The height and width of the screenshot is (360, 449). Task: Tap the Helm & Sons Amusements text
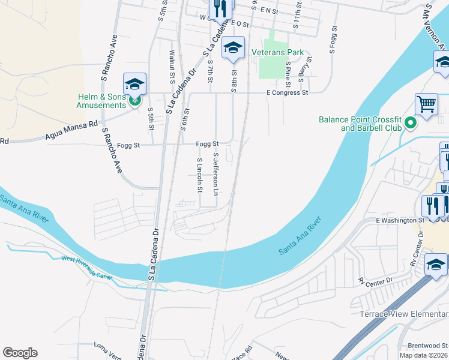101,101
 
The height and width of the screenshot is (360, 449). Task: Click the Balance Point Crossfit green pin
411,124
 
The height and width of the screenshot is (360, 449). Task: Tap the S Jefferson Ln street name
215,173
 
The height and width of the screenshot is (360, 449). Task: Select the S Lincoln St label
199,176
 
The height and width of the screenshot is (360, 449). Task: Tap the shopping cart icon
426,104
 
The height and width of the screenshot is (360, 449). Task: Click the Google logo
20,352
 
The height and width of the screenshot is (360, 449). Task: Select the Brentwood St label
427,346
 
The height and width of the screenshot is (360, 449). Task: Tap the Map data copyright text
424,355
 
